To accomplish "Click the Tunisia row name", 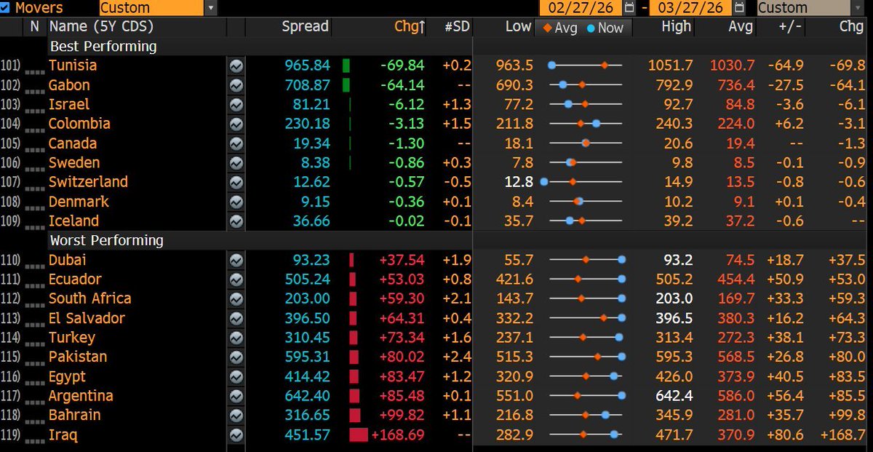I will click(x=73, y=66).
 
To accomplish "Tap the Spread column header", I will click(x=305, y=27).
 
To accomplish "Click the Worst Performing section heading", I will click(x=106, y=240).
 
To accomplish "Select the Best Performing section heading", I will click(x=103, y=47).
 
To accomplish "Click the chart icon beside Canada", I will click(x=236, y=143).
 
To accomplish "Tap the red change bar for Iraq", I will click(x=358, y=435).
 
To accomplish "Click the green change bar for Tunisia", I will click(x=346, y=66).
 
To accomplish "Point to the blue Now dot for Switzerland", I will click(x=543, y=182).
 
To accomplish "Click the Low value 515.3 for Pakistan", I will click(x=516, y=357).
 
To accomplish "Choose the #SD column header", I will click(x=458, y=27).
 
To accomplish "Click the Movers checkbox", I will click(x=6, y=7).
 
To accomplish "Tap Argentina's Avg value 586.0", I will click(x=738, y=396).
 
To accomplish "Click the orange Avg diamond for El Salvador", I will click(x=604, y=318).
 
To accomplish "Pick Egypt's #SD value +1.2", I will click(x=457, y=376).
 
